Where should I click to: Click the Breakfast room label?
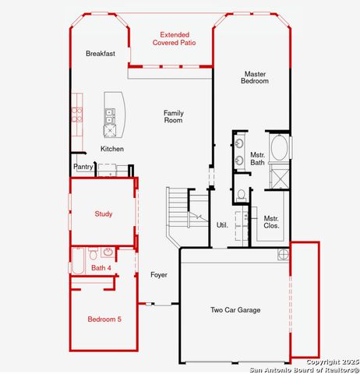tap(101, 54)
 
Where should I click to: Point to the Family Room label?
tap(173, 117)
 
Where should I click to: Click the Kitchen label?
tap(111, 149)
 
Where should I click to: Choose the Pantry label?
tap(83, 167)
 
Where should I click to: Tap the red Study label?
tap(104, 213)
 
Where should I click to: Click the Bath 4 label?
tap(101, 268)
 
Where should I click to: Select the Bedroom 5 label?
tap(104, 319)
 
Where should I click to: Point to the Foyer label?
tap(159, 275)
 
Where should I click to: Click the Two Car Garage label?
tap(235, 310)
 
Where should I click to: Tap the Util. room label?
tap(221, 225)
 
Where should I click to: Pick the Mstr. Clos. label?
tap(271, 222)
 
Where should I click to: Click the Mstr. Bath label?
tap(257, 159)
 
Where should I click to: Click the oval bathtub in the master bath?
tap(279, 148)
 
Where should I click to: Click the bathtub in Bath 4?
tap(79, 261)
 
